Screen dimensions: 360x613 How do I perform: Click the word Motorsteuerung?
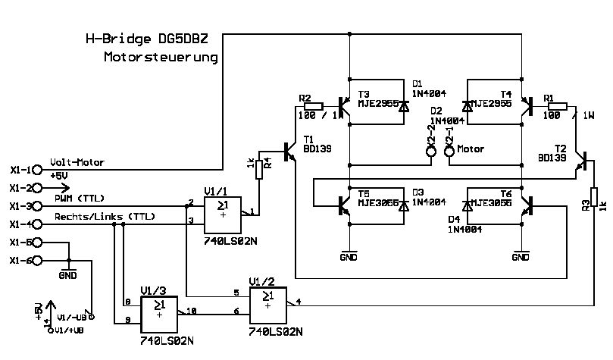click(x=161, y=58)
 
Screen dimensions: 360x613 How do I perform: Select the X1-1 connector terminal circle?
click(x=39, y=170)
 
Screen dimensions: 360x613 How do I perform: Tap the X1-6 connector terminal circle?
click(x=39, y=261)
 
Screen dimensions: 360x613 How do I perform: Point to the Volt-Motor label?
click(x=77, y=162)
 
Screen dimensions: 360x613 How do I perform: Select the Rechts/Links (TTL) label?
click(x=104, y=217)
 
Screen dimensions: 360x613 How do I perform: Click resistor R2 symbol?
click(x=312, y=106)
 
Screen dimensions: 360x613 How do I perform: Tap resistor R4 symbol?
click(x=258, y=168)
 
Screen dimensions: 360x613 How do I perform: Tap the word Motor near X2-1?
click(x=471, y=149)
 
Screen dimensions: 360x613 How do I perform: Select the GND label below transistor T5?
click(x=349, y=257)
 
